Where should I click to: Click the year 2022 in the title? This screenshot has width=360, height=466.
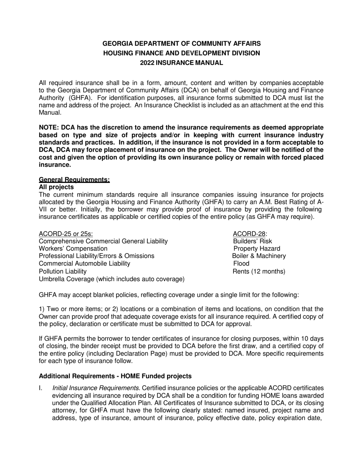(147, 63)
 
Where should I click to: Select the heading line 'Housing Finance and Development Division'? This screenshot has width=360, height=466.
(182, 53)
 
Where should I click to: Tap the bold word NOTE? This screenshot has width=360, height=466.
(49, 128)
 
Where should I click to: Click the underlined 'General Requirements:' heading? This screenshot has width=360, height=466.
(74, 180)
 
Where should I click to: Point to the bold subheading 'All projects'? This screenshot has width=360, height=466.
(56, 187)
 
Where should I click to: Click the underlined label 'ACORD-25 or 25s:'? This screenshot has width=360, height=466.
(66, 234)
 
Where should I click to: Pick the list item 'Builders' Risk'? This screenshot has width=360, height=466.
(252, 241)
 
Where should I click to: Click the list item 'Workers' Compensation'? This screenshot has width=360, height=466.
(73, 249)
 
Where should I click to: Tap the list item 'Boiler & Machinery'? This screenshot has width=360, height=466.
(259, 256)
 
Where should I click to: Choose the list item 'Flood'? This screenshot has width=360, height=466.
(241, 264)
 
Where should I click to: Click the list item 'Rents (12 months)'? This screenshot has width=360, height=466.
(259, 271)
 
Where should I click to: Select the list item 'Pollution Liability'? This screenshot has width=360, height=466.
(63, 271)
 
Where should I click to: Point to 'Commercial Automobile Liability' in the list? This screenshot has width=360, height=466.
(85, 264)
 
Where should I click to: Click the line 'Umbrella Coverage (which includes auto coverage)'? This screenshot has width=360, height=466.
(112, 279)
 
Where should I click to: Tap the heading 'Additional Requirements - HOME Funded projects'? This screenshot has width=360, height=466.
(115, 376)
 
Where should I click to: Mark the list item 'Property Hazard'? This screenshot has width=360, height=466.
(257, 249)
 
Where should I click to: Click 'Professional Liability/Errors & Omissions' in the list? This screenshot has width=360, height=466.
(97, 256)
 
